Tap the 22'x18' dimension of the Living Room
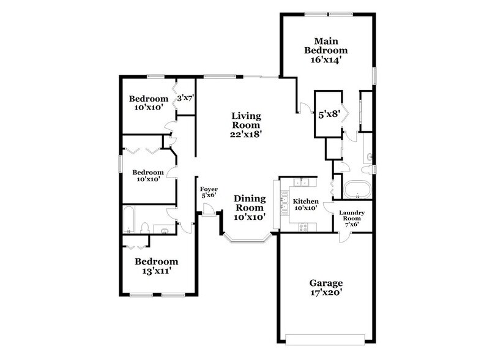pyautogui.click(x=246, y=135)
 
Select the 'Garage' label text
pyautogui.click(x=326, y=283)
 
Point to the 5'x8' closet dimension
pyautogui.click(x=329, y=113)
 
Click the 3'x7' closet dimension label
pyautogui.click(x=185, y=97)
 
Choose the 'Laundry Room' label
pyautogui.click(x=352, y=216)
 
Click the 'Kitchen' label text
pyautogui.click(x=304, y=201)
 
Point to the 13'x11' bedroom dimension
pyautogui.click(x=156, y=272)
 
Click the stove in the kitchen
pyautogui.click(x=303, y=227)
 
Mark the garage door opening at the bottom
pyautogui.click(x=326, y=338)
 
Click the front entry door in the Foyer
pyautogui.click(x=209, y=210)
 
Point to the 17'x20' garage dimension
pyautogui.click(x=326, y=294)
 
